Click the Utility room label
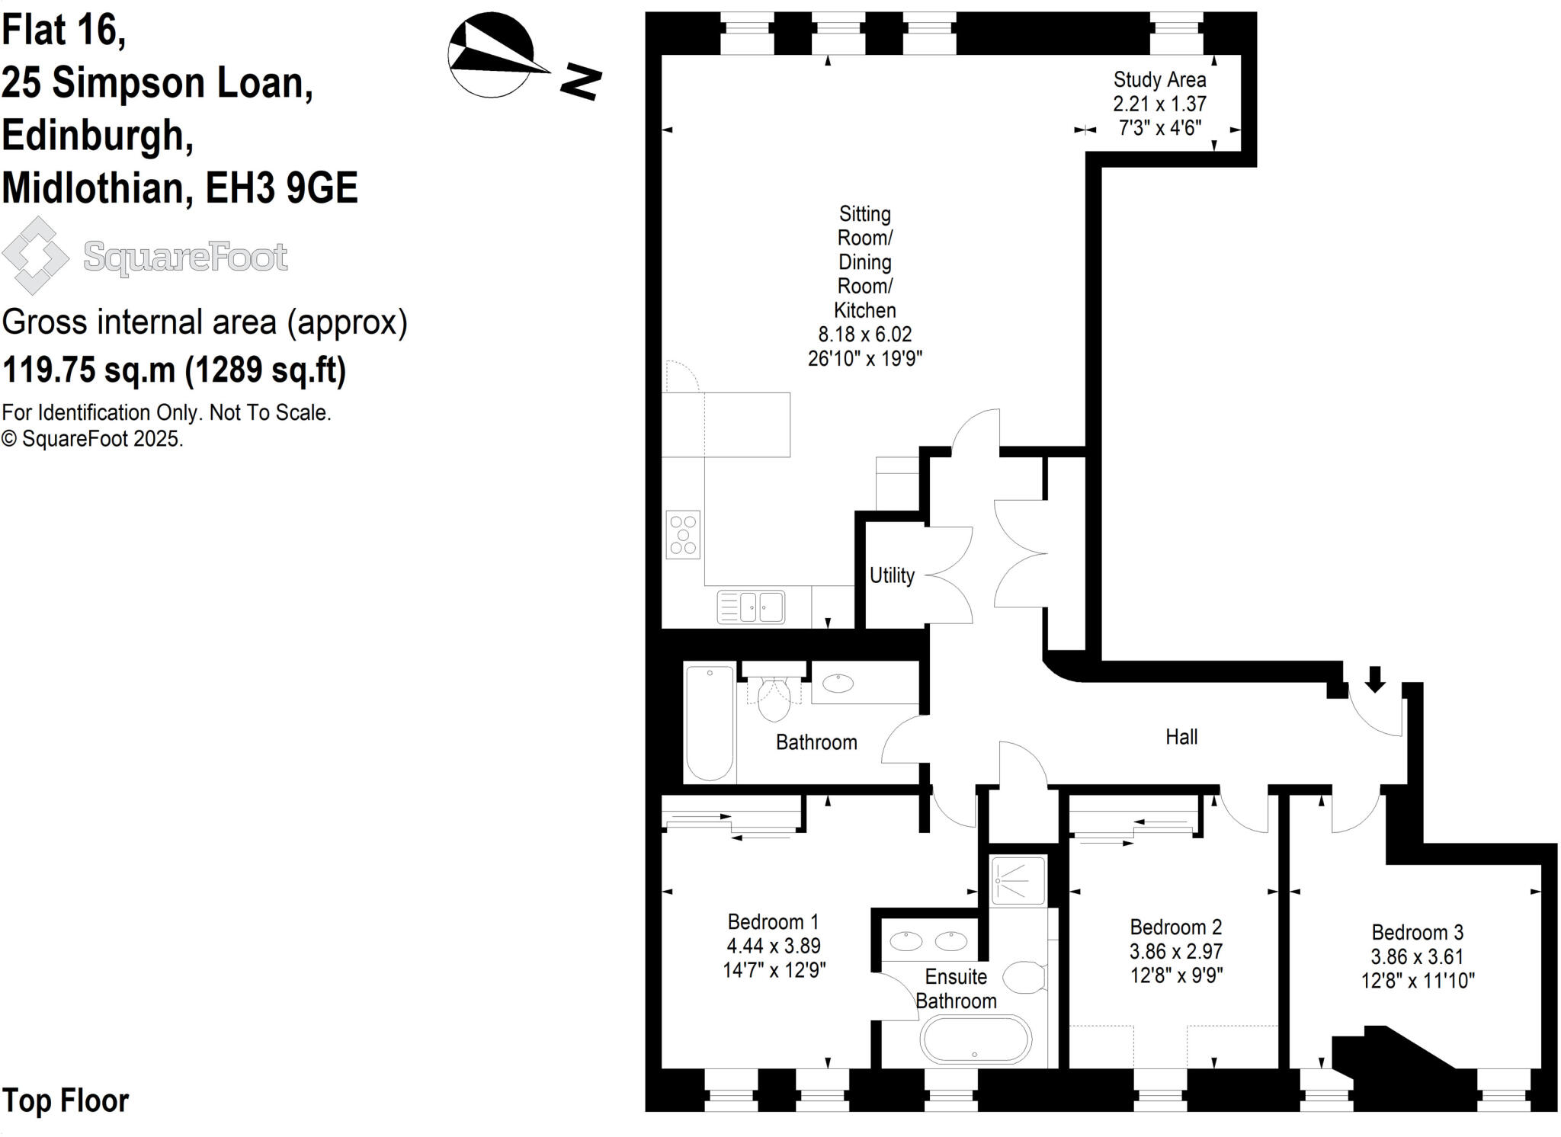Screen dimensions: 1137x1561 [x=892, y=575]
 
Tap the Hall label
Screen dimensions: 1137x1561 [x=1181, y=737]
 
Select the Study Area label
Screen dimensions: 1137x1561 [x=1159, y=80]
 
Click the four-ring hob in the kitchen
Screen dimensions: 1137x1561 [x=683, y=535]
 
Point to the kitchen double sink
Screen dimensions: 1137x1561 [x=752, y=607]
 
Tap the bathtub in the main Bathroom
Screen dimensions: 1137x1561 [x=710, y=722]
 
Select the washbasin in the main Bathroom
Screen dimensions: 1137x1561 [x=839, y=683]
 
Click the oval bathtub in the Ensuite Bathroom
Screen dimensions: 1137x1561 [x=976, y=1039]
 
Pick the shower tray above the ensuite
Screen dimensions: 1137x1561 [x=1018, y=880]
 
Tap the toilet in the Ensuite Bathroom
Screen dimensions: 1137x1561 [x=1024, y=978]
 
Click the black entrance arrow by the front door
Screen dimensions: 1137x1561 [x=1374, y=679]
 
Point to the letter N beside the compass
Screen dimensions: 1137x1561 [x=581, y=82]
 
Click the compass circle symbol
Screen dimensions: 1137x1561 [x=492, y=55]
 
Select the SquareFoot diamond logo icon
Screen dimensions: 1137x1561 [x=35, y=256]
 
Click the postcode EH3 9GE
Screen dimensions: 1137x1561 [x=282, y=187]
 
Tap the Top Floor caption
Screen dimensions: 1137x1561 [x=66, y=1100]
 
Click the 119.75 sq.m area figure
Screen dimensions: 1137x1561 [x=88, y=370]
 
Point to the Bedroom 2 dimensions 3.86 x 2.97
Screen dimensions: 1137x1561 [x=1176, y=951]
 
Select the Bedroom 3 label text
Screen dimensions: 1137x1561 [x=1417, y=932]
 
